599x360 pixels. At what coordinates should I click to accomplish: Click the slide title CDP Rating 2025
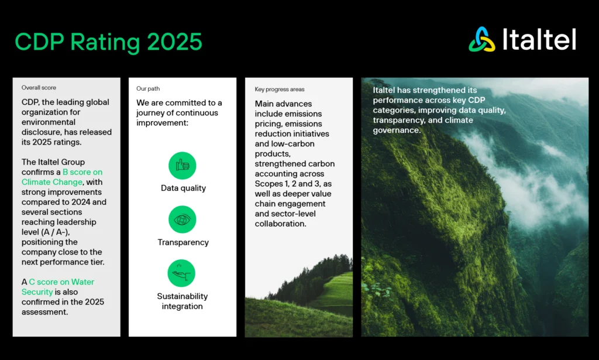coord(108,42)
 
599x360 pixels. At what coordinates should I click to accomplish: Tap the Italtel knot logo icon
coord(482,39)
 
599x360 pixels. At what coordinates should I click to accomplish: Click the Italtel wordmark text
coord(539,40)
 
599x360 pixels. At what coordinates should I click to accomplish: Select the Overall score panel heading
coord(39,88)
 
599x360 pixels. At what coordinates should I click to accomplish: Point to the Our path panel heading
coord(148,89)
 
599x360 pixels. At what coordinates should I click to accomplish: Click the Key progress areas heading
coord(280,90)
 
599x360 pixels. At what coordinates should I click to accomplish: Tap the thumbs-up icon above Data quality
coord(183,166)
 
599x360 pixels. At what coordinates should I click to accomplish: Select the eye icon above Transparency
coord(183,220)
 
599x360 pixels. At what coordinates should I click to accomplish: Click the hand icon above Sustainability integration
coord(182,273)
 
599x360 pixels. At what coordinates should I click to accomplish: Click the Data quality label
coord(183,188)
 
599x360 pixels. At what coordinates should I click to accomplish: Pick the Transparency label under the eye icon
coord(183,242)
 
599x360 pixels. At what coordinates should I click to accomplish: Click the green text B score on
coord(82,172)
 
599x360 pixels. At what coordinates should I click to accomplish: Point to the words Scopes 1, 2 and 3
coord(287,184)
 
